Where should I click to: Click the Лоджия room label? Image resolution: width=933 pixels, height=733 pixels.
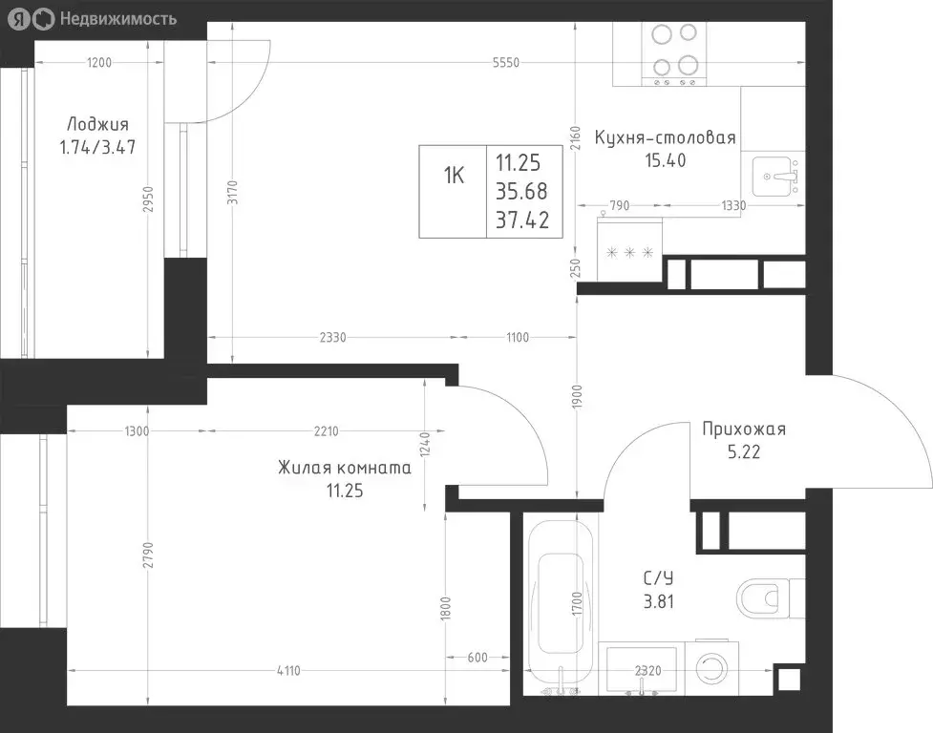tap(97, 124)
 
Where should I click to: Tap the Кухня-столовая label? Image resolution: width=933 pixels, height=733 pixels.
tap(666, 137)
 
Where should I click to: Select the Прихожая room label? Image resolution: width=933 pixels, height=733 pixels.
tap(744, 429)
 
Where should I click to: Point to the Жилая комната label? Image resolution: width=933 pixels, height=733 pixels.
tap(345, 468)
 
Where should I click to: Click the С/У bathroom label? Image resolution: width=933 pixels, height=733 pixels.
tap(658, 577)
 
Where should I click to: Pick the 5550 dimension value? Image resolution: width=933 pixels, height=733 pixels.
tap(506, 62)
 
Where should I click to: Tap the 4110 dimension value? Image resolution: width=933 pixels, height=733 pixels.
tap(288, 671)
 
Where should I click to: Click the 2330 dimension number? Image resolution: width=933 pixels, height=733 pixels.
tap(332, 338)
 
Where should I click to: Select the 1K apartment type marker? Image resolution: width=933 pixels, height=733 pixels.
tap(454, 176)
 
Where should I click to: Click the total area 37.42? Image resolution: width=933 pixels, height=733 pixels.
tap(522, 220)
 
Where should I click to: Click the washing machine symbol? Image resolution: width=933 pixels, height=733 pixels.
tap(711, 667)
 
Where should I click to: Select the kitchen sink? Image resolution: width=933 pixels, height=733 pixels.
tap(774, 177)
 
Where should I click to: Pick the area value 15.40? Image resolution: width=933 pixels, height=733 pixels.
tap(666, 160)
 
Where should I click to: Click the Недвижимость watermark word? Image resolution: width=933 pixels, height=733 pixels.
tap(118, 19)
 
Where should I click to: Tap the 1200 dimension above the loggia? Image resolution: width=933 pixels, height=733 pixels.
tap(99, 62)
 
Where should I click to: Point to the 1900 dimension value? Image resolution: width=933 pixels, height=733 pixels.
tap(577, 396)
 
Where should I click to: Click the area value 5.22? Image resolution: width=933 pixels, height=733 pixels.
tap(744, 451)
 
